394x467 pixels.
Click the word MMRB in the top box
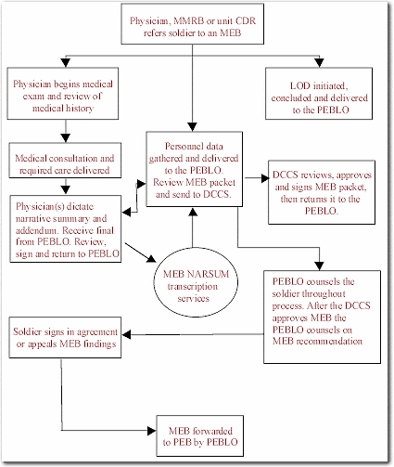pyautogui.click(x=188, y=20)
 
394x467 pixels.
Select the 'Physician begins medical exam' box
pyautogui.click(x=63, y=94)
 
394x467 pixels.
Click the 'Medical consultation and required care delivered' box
pyautogui.click(x=65, y=161)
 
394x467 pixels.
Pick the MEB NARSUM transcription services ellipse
pyautogui.click(x=196, y=282)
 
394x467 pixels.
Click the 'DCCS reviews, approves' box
pyautogui.click(x=322, y=192)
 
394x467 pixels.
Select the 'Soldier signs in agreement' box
pyautogui.click(x=65, y=337)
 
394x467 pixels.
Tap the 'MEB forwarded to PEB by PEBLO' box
pyautogui.click(x=200, y=435)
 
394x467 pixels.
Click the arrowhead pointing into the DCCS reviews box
pyautogui.click(x=265, y=178)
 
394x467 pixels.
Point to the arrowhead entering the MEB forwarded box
pyautogui.click(x=152, y=431)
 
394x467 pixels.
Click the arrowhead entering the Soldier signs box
pyautogui.click(x=126, y=334)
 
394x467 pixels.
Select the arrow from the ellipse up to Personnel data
pyautogui.click(x=193, y=227)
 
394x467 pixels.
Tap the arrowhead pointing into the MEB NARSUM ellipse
pyautogui.click(x=151, y=258)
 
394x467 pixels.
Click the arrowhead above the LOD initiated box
pyautogui.click(x=319, y=62)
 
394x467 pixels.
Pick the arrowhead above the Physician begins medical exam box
pyautogui.click(x=66, y=62)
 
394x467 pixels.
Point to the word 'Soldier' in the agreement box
pyautogui.click(x=27, y=331)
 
